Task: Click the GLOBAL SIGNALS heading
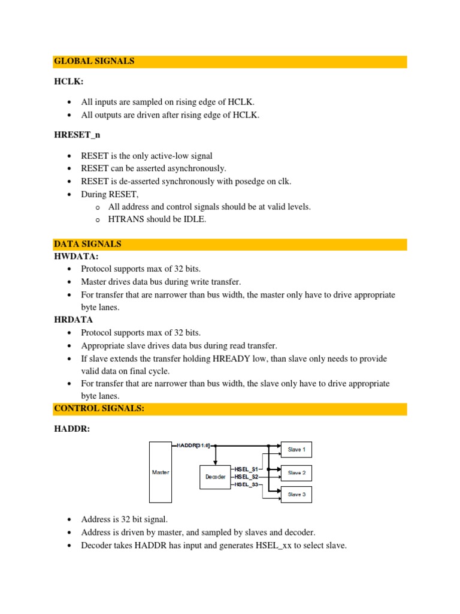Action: point(94,61)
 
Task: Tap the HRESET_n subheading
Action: point(77,136)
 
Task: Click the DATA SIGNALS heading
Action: point(87,244)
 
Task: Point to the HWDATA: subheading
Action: point(76,256)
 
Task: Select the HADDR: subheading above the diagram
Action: point(71,428)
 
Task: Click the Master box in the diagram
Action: point(160,472)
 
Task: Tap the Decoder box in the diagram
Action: point(216,477)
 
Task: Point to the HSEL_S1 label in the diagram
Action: point(246,468)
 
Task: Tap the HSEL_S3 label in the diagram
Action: point(246,484)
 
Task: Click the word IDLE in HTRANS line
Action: point(195,219)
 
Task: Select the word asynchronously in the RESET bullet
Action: point(192,168)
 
